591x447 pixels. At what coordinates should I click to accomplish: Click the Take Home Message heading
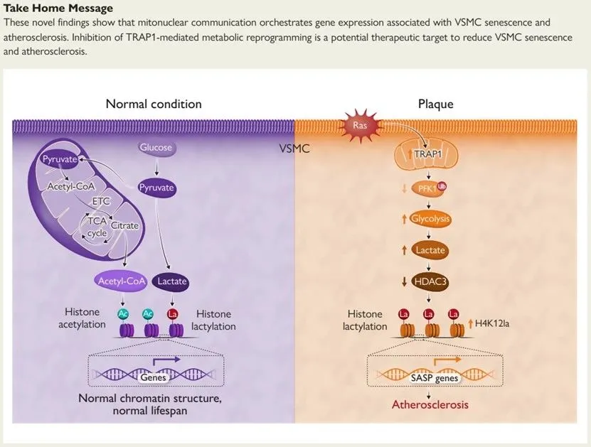pyautogui.click(x=58, y=9)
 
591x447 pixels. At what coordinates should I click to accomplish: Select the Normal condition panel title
pyautogui.click(x=154, y=104)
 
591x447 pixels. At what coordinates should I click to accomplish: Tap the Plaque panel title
pyautogui.click(x=435, y=104)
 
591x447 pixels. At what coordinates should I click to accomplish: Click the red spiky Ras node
pyautogui.click(x=359, y=126)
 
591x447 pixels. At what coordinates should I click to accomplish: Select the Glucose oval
pyautogui.click(x=155, y=149)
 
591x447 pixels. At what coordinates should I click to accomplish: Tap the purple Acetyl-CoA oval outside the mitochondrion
pyautogui.click(x=120, y=281)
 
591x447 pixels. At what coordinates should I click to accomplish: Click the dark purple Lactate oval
pyautogui.click(x=171, y=281)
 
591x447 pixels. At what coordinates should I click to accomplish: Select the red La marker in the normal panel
pyautogui.click(x=171, y=313)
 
